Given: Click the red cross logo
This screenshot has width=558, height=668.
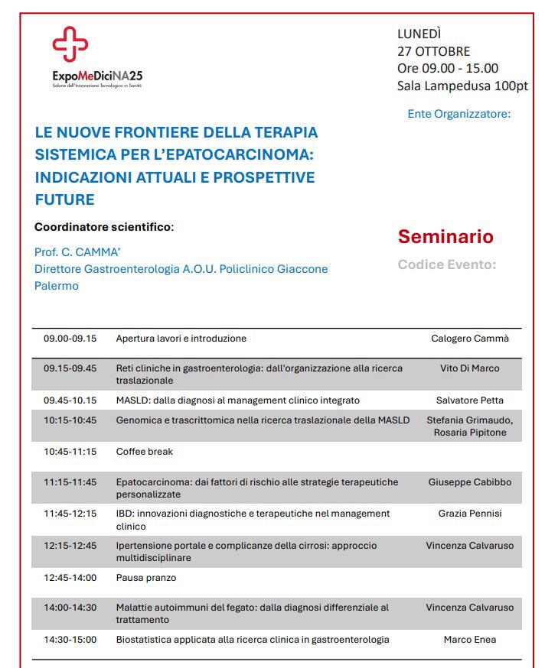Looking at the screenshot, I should coord(70,44).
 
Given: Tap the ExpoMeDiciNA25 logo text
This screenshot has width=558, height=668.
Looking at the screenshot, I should coord(97,76).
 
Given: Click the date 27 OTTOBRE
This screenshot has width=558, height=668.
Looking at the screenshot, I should coord(433,51).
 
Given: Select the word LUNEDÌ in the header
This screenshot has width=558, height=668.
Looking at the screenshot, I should coord(419,34).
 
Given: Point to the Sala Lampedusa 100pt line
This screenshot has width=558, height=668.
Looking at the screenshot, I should coord(462,86).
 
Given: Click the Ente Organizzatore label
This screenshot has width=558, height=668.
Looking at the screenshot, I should coord(458,114).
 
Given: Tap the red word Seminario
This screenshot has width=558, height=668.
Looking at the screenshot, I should coord(445,236).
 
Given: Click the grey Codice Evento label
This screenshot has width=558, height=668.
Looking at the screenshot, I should coord(447,264).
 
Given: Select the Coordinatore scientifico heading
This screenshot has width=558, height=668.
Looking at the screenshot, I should coord(104,227).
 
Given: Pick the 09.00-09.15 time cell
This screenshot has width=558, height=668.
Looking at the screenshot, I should coord(70,338).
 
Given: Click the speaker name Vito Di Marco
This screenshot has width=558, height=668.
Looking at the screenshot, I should coord(469,368).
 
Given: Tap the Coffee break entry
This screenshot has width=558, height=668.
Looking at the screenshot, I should coord(145,451).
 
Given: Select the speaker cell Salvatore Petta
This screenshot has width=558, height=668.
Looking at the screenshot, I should coord(469,400).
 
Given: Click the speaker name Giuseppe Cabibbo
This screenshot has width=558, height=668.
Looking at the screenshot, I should coord(469,482).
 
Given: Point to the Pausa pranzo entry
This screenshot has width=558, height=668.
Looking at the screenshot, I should coord(146,577).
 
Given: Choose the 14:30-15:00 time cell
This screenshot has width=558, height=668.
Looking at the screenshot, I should coord(70,639).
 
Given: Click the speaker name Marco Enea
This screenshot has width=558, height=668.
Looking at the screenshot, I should coord(469,639).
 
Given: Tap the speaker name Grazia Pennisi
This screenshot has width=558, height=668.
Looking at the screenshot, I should coord(469,514).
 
